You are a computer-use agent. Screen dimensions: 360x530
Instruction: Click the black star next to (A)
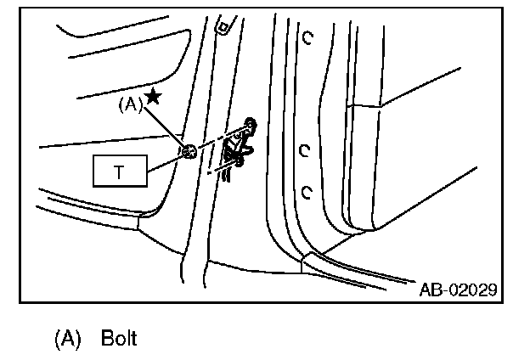coord(153,97)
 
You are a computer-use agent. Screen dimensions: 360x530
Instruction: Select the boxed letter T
coord(118,172)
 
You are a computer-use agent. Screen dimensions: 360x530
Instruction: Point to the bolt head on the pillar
coord(189,151)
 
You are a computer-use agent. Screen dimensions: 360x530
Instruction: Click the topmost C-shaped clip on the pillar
coord(307,37)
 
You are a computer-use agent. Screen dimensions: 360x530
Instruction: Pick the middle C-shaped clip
coord(303,150)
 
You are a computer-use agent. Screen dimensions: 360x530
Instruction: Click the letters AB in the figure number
coord(430,290)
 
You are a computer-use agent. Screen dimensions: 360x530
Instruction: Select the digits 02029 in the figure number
coord(472,290)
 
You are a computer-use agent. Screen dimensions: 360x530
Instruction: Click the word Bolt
coord(119,338)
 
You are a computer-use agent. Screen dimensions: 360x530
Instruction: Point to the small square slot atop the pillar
coord(223,27)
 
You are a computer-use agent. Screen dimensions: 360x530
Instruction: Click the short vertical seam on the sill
coord(302,266)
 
